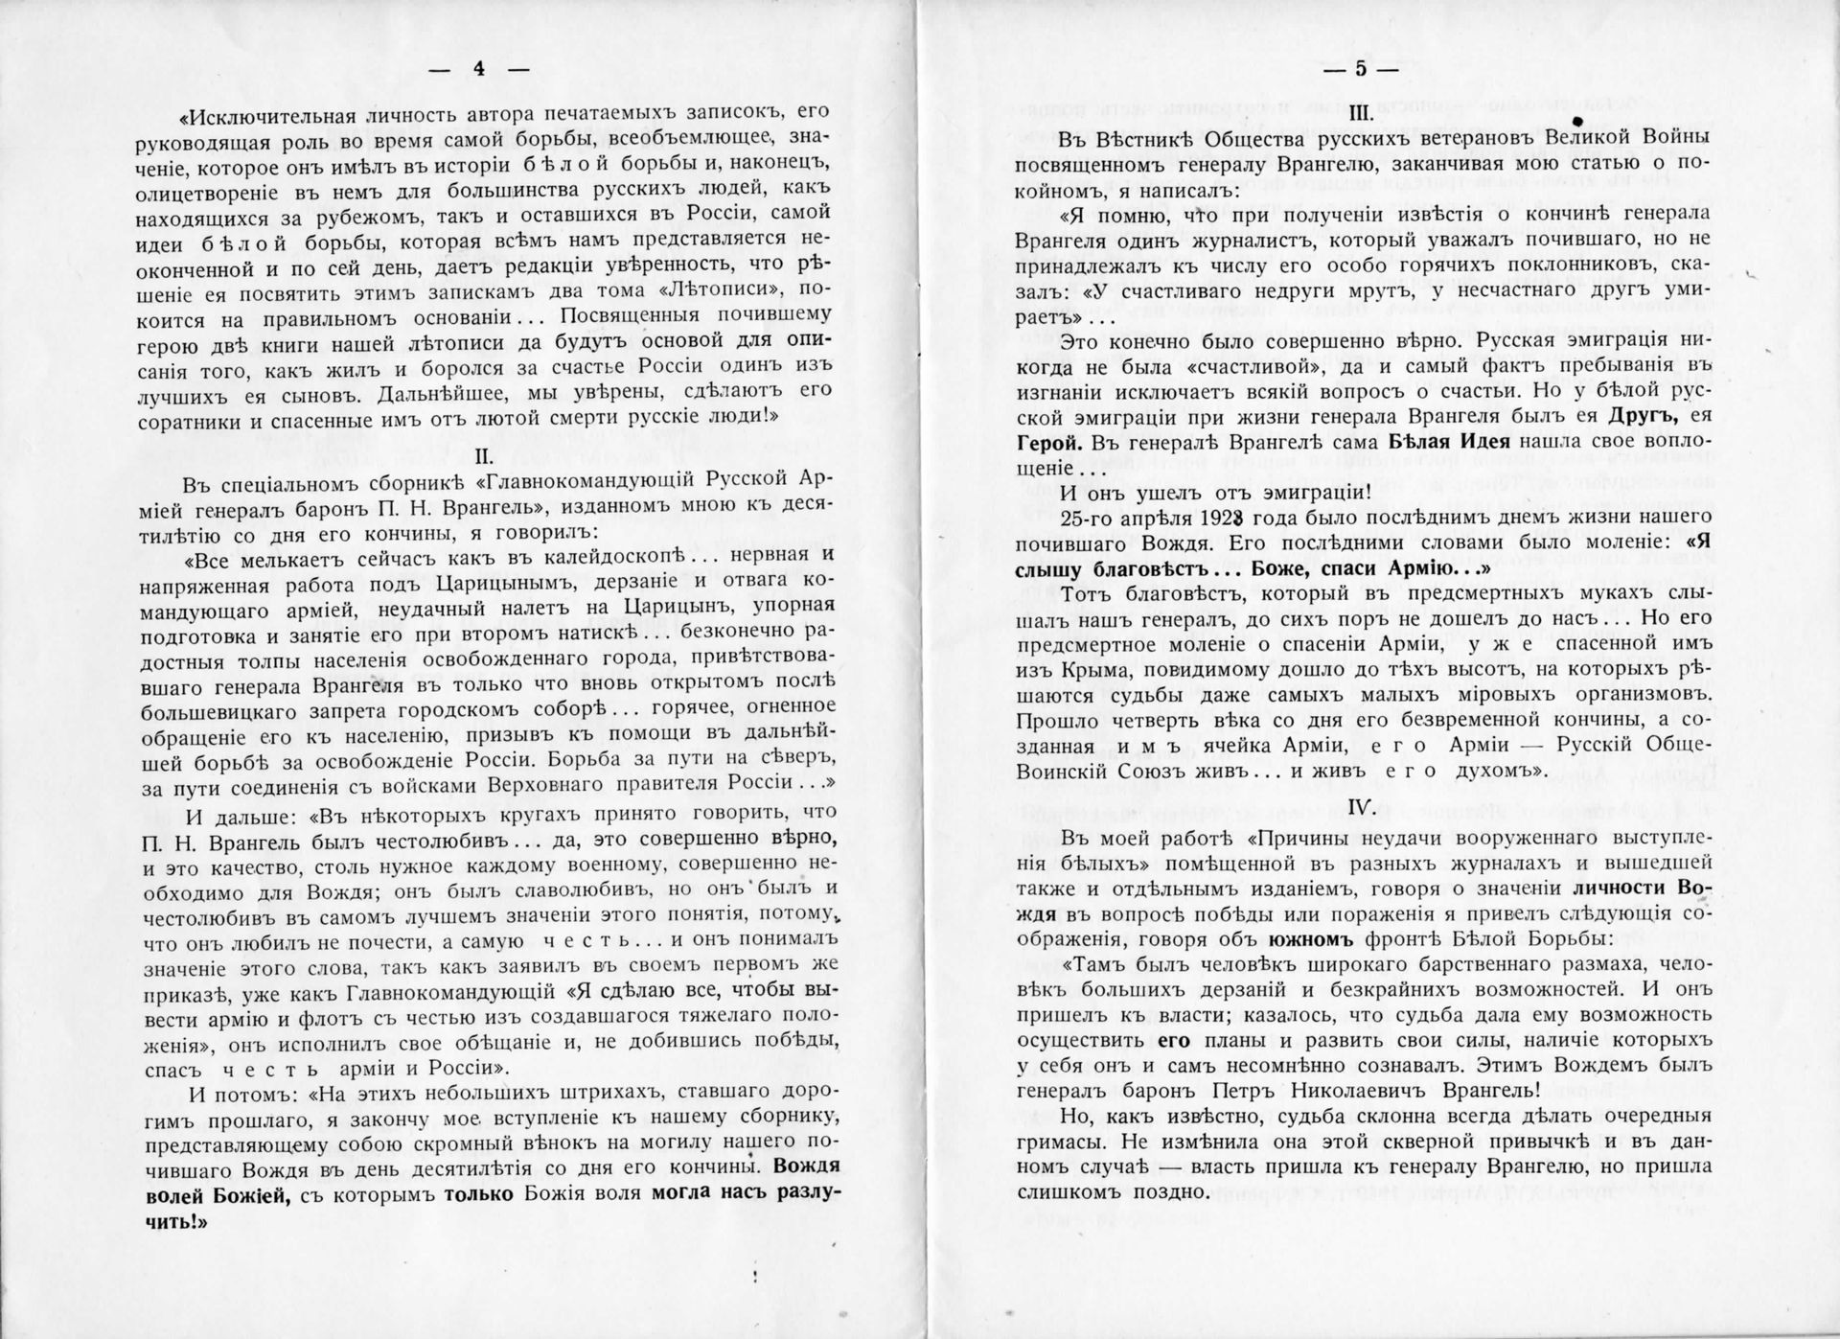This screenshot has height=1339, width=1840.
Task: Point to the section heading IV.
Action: pos(1362,807)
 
